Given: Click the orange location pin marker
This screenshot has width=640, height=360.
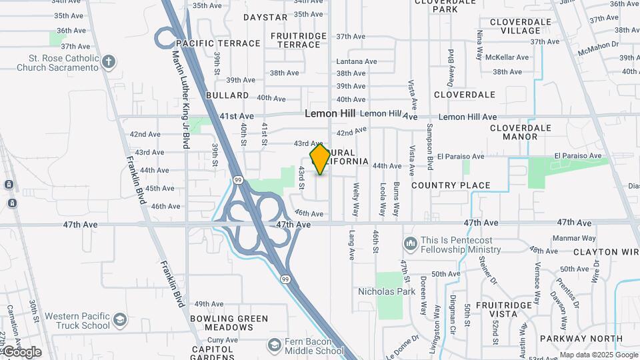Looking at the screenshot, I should click(x=320, y=159).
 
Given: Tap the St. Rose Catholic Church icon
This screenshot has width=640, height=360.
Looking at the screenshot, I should click(x=109, y=63).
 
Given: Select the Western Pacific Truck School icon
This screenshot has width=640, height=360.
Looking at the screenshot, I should click(x=119, y=321).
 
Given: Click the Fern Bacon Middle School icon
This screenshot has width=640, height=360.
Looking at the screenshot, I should click(x=274, y=345).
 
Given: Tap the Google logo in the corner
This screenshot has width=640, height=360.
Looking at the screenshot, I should click(x=21, y=352).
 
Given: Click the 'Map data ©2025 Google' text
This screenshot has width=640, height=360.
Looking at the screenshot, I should click(x=598, y=355).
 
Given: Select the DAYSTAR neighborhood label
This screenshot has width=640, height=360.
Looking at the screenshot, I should click(x=265, y=17).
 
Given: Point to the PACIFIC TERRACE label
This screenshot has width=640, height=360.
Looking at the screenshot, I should click(x=219, y=43).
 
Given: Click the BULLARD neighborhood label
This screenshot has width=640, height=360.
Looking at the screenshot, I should click(x=227, y=96).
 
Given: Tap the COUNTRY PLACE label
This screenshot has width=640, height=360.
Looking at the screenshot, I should click(x=451, y=185).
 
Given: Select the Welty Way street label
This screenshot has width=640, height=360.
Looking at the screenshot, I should click(x=356, y=199).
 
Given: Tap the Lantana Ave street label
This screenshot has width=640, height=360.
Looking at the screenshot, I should click(x=357, y=61).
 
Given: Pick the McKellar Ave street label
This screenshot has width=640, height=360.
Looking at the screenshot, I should click(x=507, y=57).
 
